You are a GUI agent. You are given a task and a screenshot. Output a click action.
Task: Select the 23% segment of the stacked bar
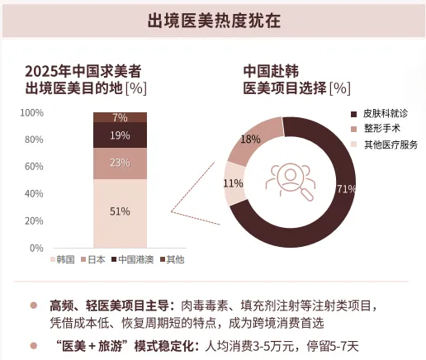(x=120, y=163)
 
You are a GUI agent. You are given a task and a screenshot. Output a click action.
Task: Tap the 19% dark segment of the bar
(x=120, y=135)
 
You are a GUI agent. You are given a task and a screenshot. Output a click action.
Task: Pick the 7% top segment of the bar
(x=120, y=117)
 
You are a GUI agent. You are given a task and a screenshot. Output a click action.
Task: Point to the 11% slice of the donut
(x=234, y=183)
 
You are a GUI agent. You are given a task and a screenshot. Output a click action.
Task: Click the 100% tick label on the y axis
(x=32, y=113)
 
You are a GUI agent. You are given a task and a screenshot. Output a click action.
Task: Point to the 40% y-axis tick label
(x=34, y=194)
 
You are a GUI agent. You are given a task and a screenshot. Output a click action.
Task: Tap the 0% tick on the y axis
(x=36, y=249)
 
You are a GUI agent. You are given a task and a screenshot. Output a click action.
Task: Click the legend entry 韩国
(x=63, y=259)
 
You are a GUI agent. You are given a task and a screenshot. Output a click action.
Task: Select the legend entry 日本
(x=93, y=259)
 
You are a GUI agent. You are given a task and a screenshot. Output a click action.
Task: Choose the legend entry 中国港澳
(x=133, y=259)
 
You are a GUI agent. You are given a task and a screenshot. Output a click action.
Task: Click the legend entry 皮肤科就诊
(x=380, y=114)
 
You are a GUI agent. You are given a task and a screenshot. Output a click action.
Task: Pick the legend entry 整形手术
(x=376, y=129)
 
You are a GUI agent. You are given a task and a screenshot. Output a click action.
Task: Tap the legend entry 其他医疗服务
(x=385, y=144)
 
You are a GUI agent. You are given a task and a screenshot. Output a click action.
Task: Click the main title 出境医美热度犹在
(x=214, y=21)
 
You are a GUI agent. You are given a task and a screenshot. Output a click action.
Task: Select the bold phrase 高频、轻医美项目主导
(x=109, y=306)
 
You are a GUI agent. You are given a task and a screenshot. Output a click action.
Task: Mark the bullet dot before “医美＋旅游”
(x=34, y=346)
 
